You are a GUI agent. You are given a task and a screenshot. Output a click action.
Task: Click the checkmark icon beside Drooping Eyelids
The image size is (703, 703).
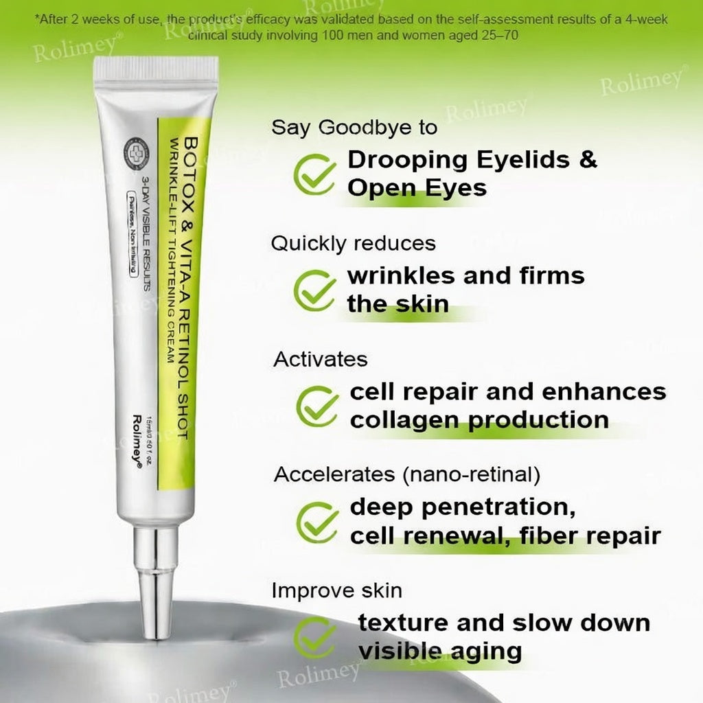coord(315,173)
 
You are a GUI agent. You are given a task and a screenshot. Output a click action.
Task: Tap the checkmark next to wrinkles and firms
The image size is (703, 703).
coord(315,290)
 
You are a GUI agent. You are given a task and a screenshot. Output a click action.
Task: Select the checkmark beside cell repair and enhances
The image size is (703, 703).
coord(317,405)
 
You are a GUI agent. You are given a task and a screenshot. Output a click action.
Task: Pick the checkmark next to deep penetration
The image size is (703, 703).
coord(317,521)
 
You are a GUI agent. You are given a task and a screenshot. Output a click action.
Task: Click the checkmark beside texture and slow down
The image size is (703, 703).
coord(315,636)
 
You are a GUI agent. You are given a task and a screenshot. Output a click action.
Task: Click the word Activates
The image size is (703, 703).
coord(321,359)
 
